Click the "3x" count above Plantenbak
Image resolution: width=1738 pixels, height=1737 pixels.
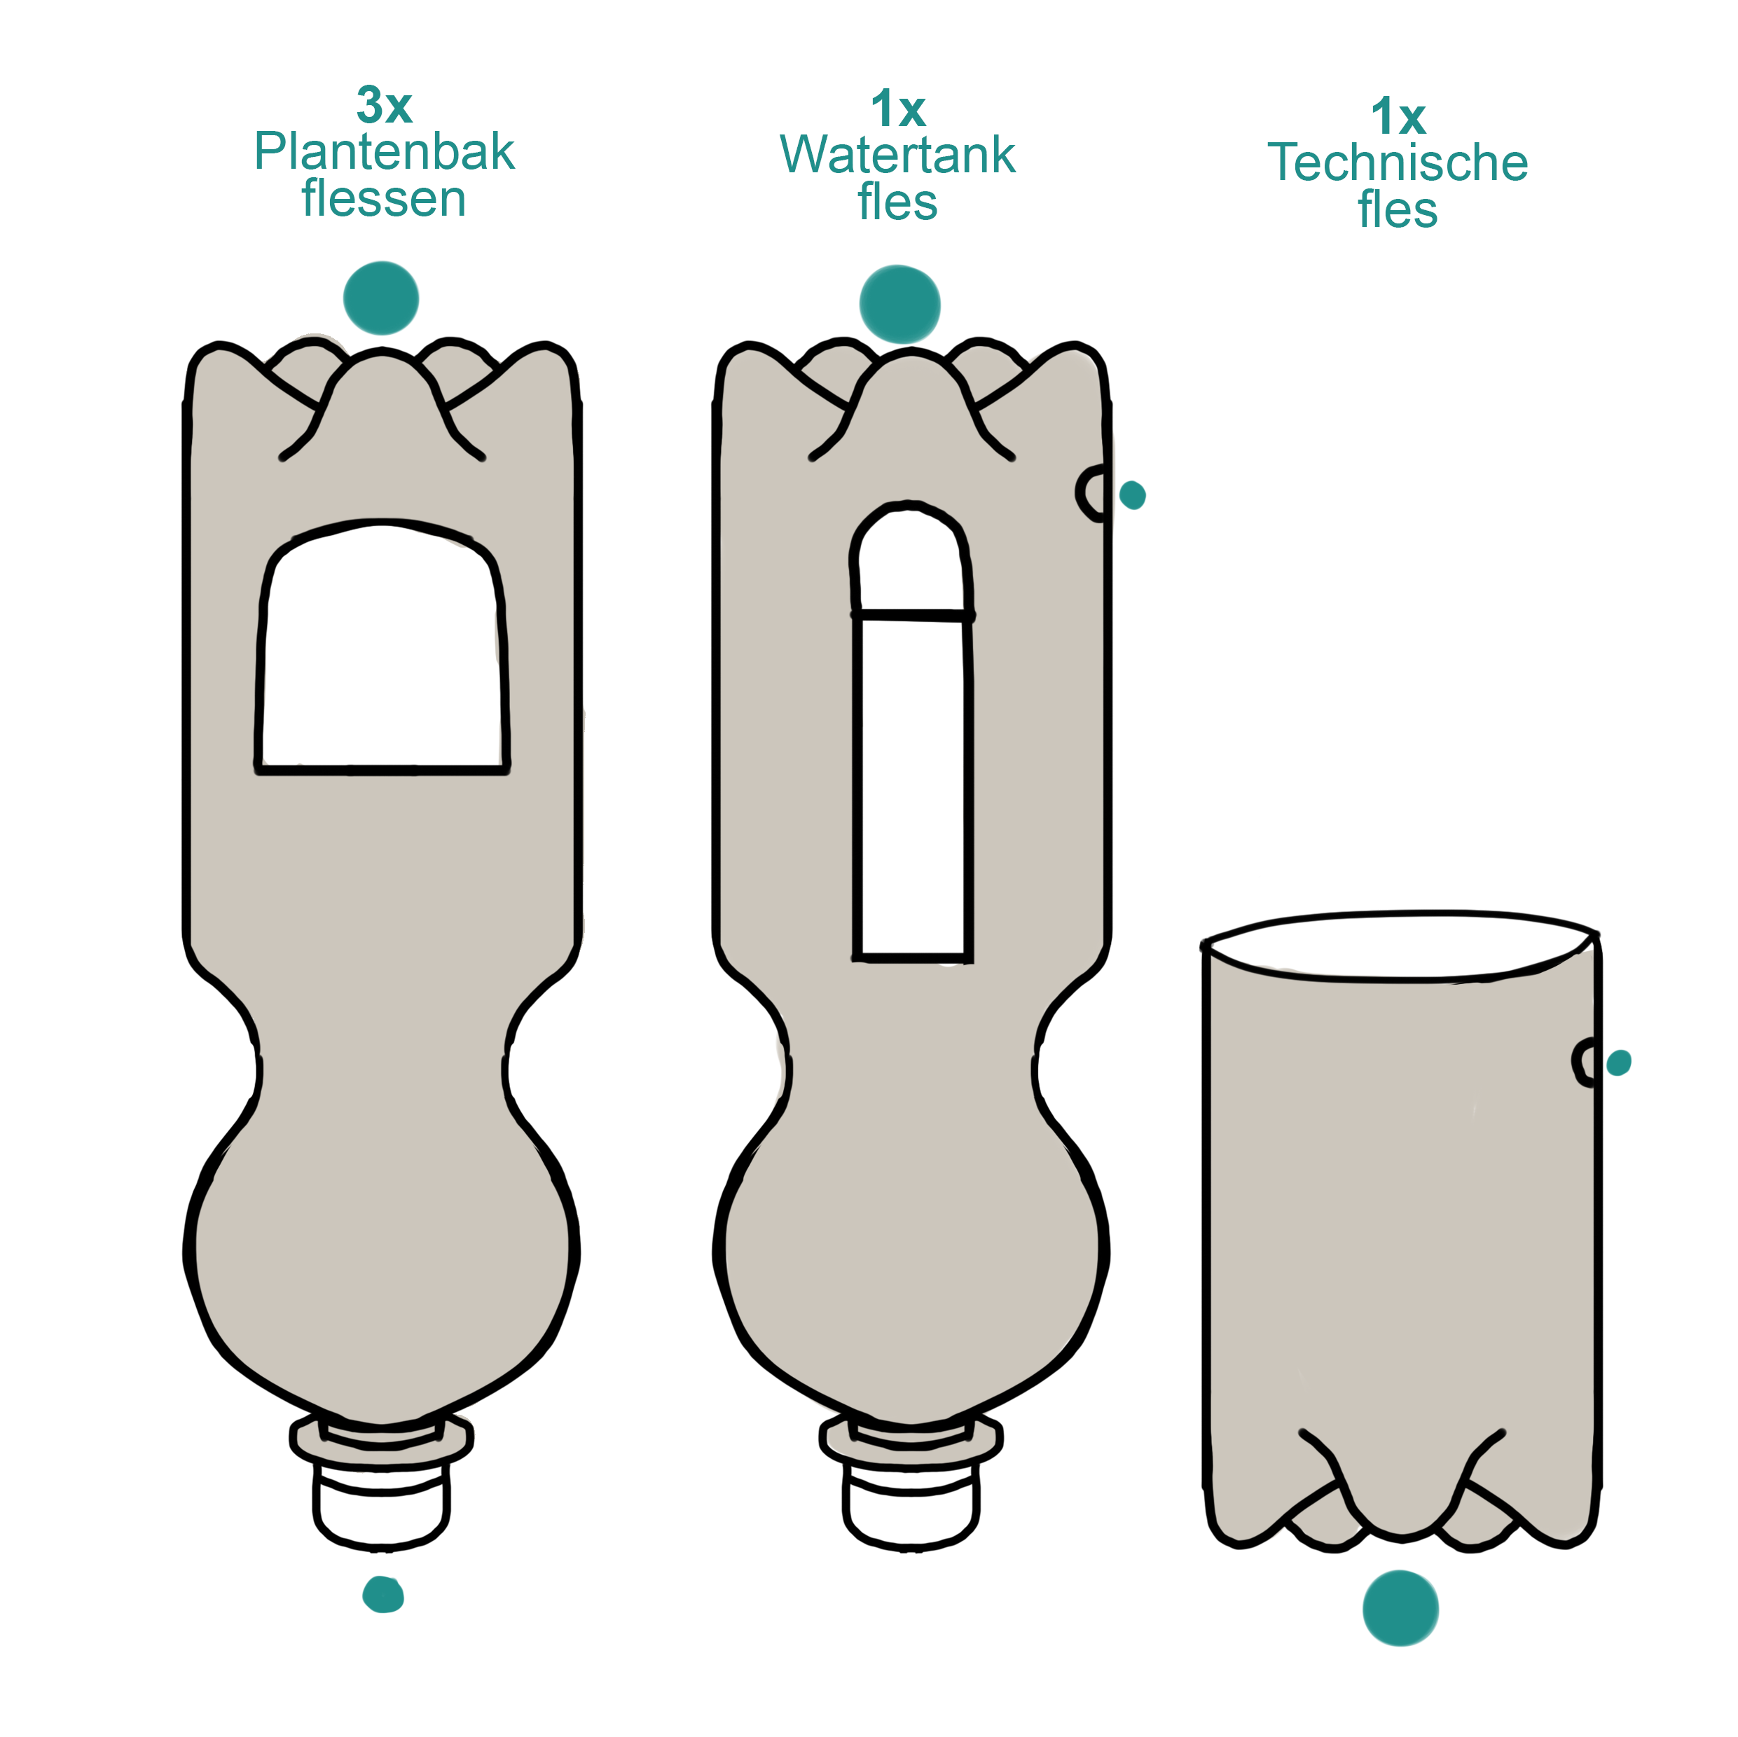pos(384,106)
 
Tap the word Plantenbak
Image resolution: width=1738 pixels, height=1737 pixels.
pos(384,151)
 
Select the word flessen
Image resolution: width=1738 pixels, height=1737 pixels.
pos(384,199)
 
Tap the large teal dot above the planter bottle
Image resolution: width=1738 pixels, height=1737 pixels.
pos(381,298)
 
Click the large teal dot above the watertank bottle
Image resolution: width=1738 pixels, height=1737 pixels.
pos(899,304)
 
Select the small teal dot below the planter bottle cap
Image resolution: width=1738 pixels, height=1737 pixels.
pos(383,1595)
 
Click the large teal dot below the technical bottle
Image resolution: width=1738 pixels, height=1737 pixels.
pos(1400,1608)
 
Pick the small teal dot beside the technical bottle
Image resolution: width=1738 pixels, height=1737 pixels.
pos(1618,1063)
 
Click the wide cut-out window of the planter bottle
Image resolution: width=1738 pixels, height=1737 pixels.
pos(383,657)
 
